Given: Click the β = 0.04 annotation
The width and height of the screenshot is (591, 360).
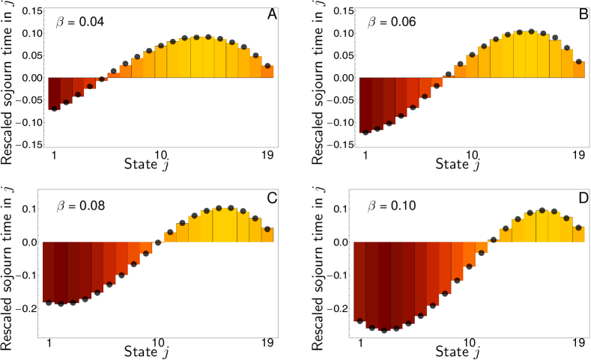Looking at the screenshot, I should (x=79, y=22).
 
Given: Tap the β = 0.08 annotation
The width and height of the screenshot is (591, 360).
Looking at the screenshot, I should (x=79, y=204).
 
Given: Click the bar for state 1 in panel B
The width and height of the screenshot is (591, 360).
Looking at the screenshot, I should (x=365, y=105).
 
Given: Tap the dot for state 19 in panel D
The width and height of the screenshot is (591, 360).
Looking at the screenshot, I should (x=579, y=228).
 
